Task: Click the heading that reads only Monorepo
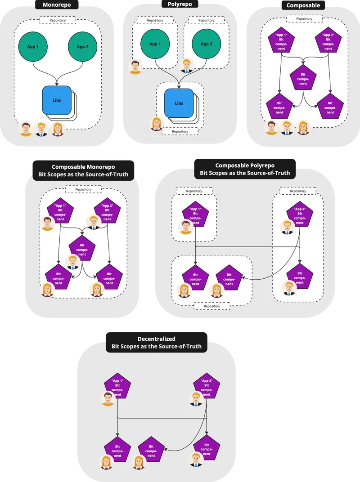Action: click(57, 4)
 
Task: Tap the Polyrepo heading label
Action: click(180, 4)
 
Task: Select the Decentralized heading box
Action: click(156, 343)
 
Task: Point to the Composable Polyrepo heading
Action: click(245, 169)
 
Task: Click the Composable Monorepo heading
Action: click(83, 170)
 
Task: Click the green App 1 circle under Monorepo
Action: click(33, 47)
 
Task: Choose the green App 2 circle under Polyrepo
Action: click(207, 44)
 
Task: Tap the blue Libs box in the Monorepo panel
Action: click(57, 100)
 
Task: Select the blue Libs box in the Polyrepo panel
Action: click(179, 103)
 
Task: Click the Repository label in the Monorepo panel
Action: click(58, 20)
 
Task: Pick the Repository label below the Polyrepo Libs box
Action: click(180, 132)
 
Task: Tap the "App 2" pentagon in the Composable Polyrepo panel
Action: click(300, 214)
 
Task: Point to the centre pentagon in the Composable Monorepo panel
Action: click(82, 248)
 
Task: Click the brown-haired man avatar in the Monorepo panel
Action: click(26, 129)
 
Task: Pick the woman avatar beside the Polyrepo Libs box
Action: click(157, 124)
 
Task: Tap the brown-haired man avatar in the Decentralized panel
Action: click(108, 399)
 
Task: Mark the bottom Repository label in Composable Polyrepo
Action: click(212, 306)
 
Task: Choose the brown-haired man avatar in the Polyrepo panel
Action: click(135, 67)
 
